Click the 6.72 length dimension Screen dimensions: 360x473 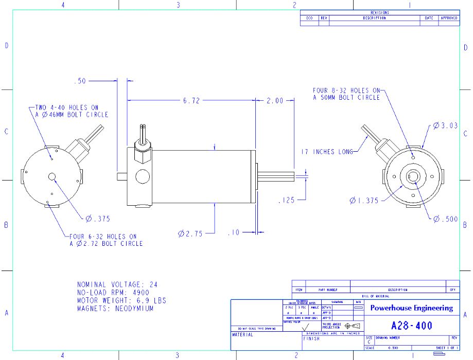click(191, 101)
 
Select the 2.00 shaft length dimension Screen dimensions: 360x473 click(275, 101)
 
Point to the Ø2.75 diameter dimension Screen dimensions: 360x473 click(190, 233)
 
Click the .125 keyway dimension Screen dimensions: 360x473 click(286, 200)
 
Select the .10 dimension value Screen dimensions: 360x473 click(234, 233)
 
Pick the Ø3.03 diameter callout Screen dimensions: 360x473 click(445, 125)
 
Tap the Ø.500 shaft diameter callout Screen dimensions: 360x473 click(445, 219)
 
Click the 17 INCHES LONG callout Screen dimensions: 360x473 click(327, 152)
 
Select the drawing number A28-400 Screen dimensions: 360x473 click(412, 326)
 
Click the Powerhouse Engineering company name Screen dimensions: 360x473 click(412, 308)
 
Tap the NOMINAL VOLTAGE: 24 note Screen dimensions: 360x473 click(117, 284)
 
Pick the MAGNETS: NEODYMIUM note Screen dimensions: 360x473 click(115, 309)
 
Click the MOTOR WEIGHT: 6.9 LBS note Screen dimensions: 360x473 click(121, 300)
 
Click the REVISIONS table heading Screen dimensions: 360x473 click(379, 12)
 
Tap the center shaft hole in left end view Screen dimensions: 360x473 click(52, 177)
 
